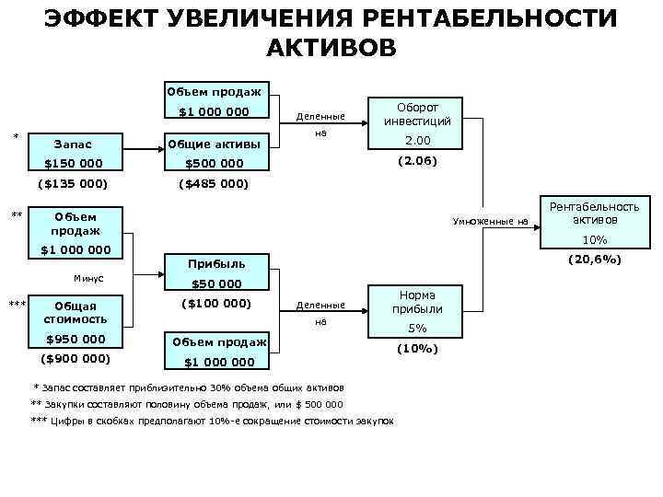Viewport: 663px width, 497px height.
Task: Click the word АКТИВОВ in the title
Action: tap(331, 47)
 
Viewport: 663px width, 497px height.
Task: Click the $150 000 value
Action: tap(74, 164)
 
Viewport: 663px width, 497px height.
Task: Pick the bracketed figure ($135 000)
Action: tap(74, 183)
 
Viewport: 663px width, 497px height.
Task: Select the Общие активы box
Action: tap(215, 144)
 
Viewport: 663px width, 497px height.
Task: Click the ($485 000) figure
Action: tap(215, 183)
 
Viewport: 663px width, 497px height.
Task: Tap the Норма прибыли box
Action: tap(418, 302)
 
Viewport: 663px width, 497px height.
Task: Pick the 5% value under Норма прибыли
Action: tap(418, 329)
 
